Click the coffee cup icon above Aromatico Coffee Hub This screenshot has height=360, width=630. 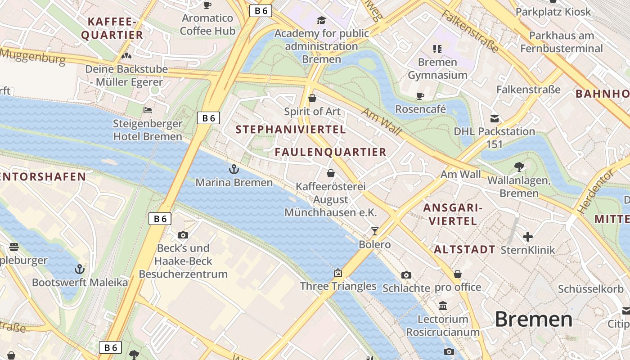[x=207, y=5]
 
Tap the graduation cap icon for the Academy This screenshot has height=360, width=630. [x=321, y=20]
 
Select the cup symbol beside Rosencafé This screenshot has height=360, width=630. [x=420, y=96]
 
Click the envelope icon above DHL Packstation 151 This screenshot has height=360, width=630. [x=495, y=119]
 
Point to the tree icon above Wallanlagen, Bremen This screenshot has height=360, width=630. [x=519, y=167]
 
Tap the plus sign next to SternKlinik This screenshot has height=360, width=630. [x=528, y=236]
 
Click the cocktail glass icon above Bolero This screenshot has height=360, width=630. [x=374, y=231]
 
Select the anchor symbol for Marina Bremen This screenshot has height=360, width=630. [x=234, y=169]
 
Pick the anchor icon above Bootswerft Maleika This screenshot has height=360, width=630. [x=79, y=269]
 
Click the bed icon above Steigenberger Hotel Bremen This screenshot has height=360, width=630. [x=147, y=110]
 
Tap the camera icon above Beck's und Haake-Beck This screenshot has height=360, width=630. [x=183, y=235]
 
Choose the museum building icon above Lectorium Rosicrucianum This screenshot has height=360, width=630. [x=443, y=306]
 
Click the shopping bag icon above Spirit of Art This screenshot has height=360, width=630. [x=312, y=98]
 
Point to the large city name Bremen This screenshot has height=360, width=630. [x=533, y=319]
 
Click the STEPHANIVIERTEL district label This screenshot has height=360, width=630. [x=291, y=130]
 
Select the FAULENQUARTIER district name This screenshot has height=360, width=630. [x=331, y=152]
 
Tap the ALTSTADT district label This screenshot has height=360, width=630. [x=464, y=250]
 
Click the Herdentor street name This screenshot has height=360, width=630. [x=595, y=191]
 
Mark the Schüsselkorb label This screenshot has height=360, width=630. [x=591, y=289]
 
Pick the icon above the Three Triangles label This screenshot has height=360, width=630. [x=338, y=273]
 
